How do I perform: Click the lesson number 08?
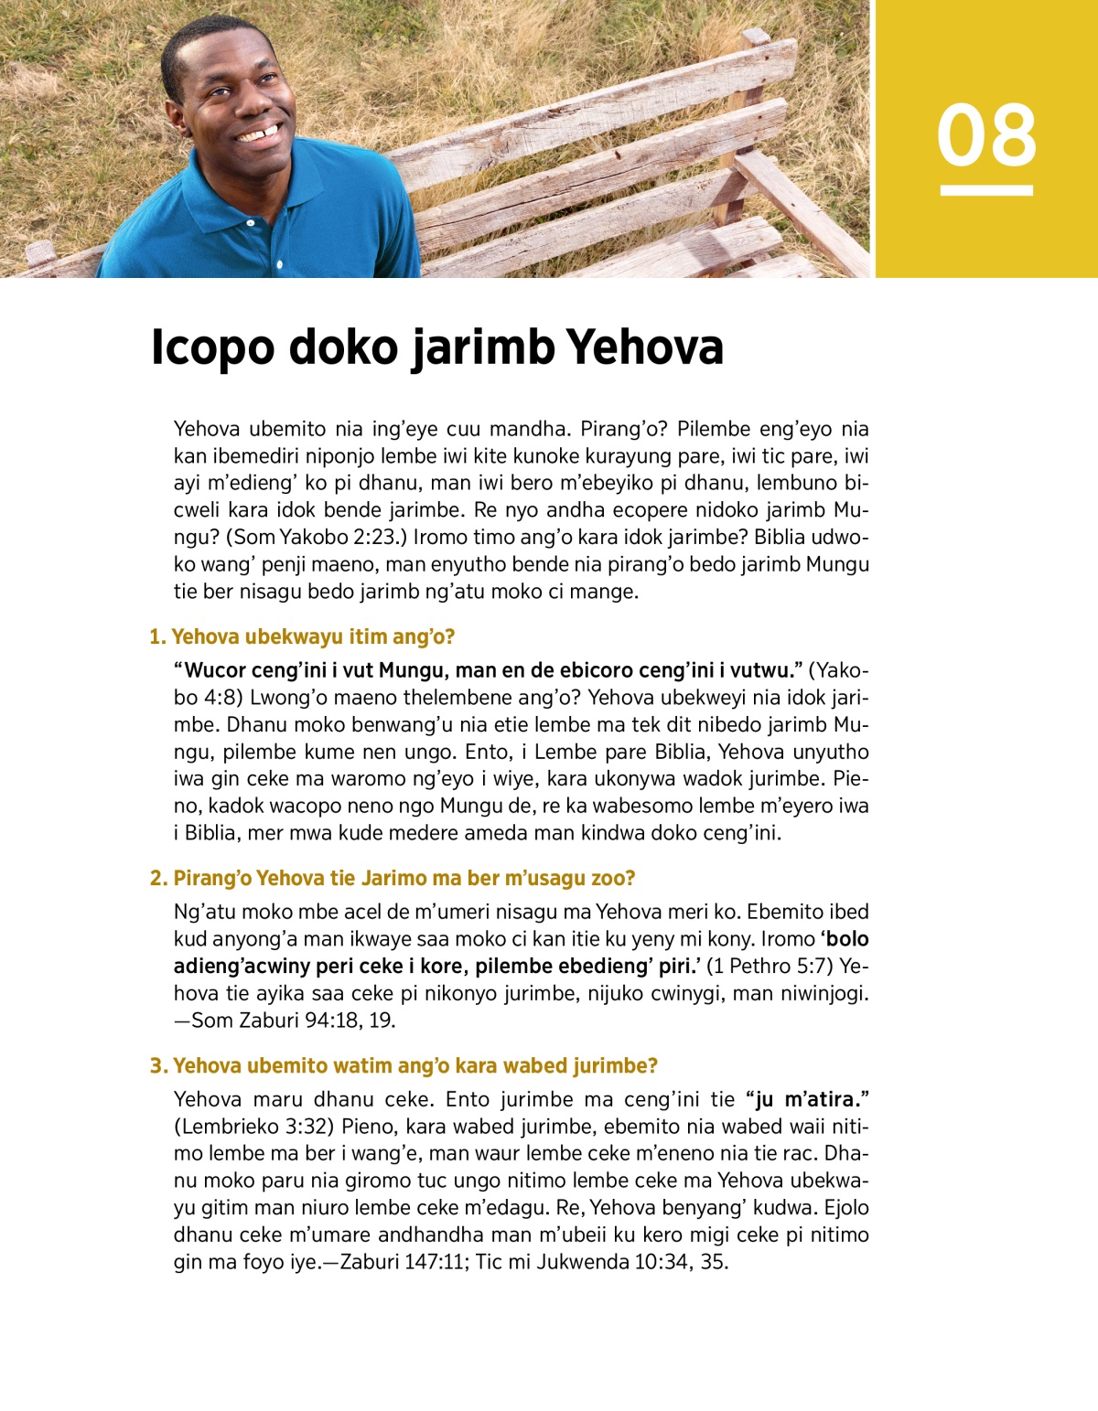(x=986, y=135)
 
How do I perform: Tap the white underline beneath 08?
(x=986, y=191)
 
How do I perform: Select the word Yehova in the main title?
(x=645, y=348)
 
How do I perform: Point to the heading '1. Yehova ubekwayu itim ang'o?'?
(x=302, y=636)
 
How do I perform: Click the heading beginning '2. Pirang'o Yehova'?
(x=393, y=878)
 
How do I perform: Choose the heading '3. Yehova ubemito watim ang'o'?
(x=404, y=1065)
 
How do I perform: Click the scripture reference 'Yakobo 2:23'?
(x=338, y=537)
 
